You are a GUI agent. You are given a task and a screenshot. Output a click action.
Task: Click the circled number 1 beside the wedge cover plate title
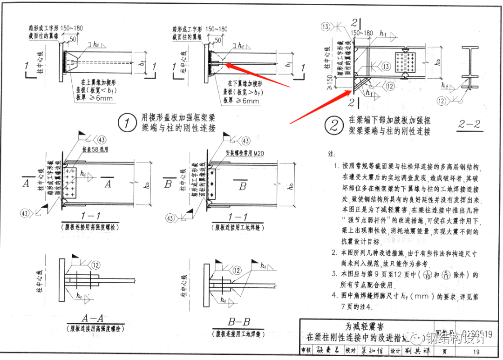click(126, 123)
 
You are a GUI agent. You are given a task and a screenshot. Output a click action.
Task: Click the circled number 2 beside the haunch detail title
click(334, 125)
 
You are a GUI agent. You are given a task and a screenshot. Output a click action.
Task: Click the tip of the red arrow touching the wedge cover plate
click(226, 66)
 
